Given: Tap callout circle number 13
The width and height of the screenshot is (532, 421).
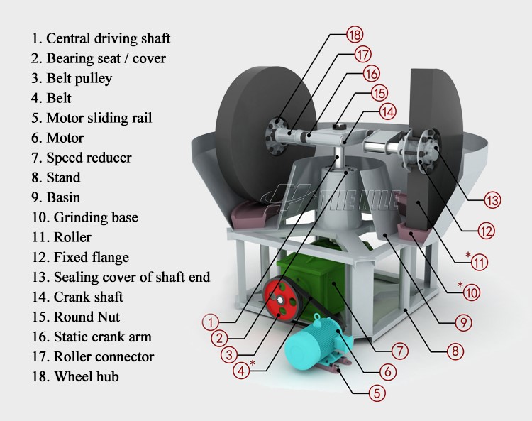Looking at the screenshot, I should (x=493, y=200).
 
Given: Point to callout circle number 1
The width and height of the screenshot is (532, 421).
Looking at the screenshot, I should (x=210, y=322).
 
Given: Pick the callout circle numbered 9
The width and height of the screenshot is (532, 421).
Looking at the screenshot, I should (x=462, y=322).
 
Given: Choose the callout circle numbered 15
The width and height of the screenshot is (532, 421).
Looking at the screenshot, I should (x=379, y=92).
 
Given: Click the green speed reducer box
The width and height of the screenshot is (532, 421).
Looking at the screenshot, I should (x=312, y=284).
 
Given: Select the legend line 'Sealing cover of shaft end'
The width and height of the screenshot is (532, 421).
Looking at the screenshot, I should (x=120, y=277).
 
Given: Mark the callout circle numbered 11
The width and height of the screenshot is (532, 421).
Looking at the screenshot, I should (x=480, y=262).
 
